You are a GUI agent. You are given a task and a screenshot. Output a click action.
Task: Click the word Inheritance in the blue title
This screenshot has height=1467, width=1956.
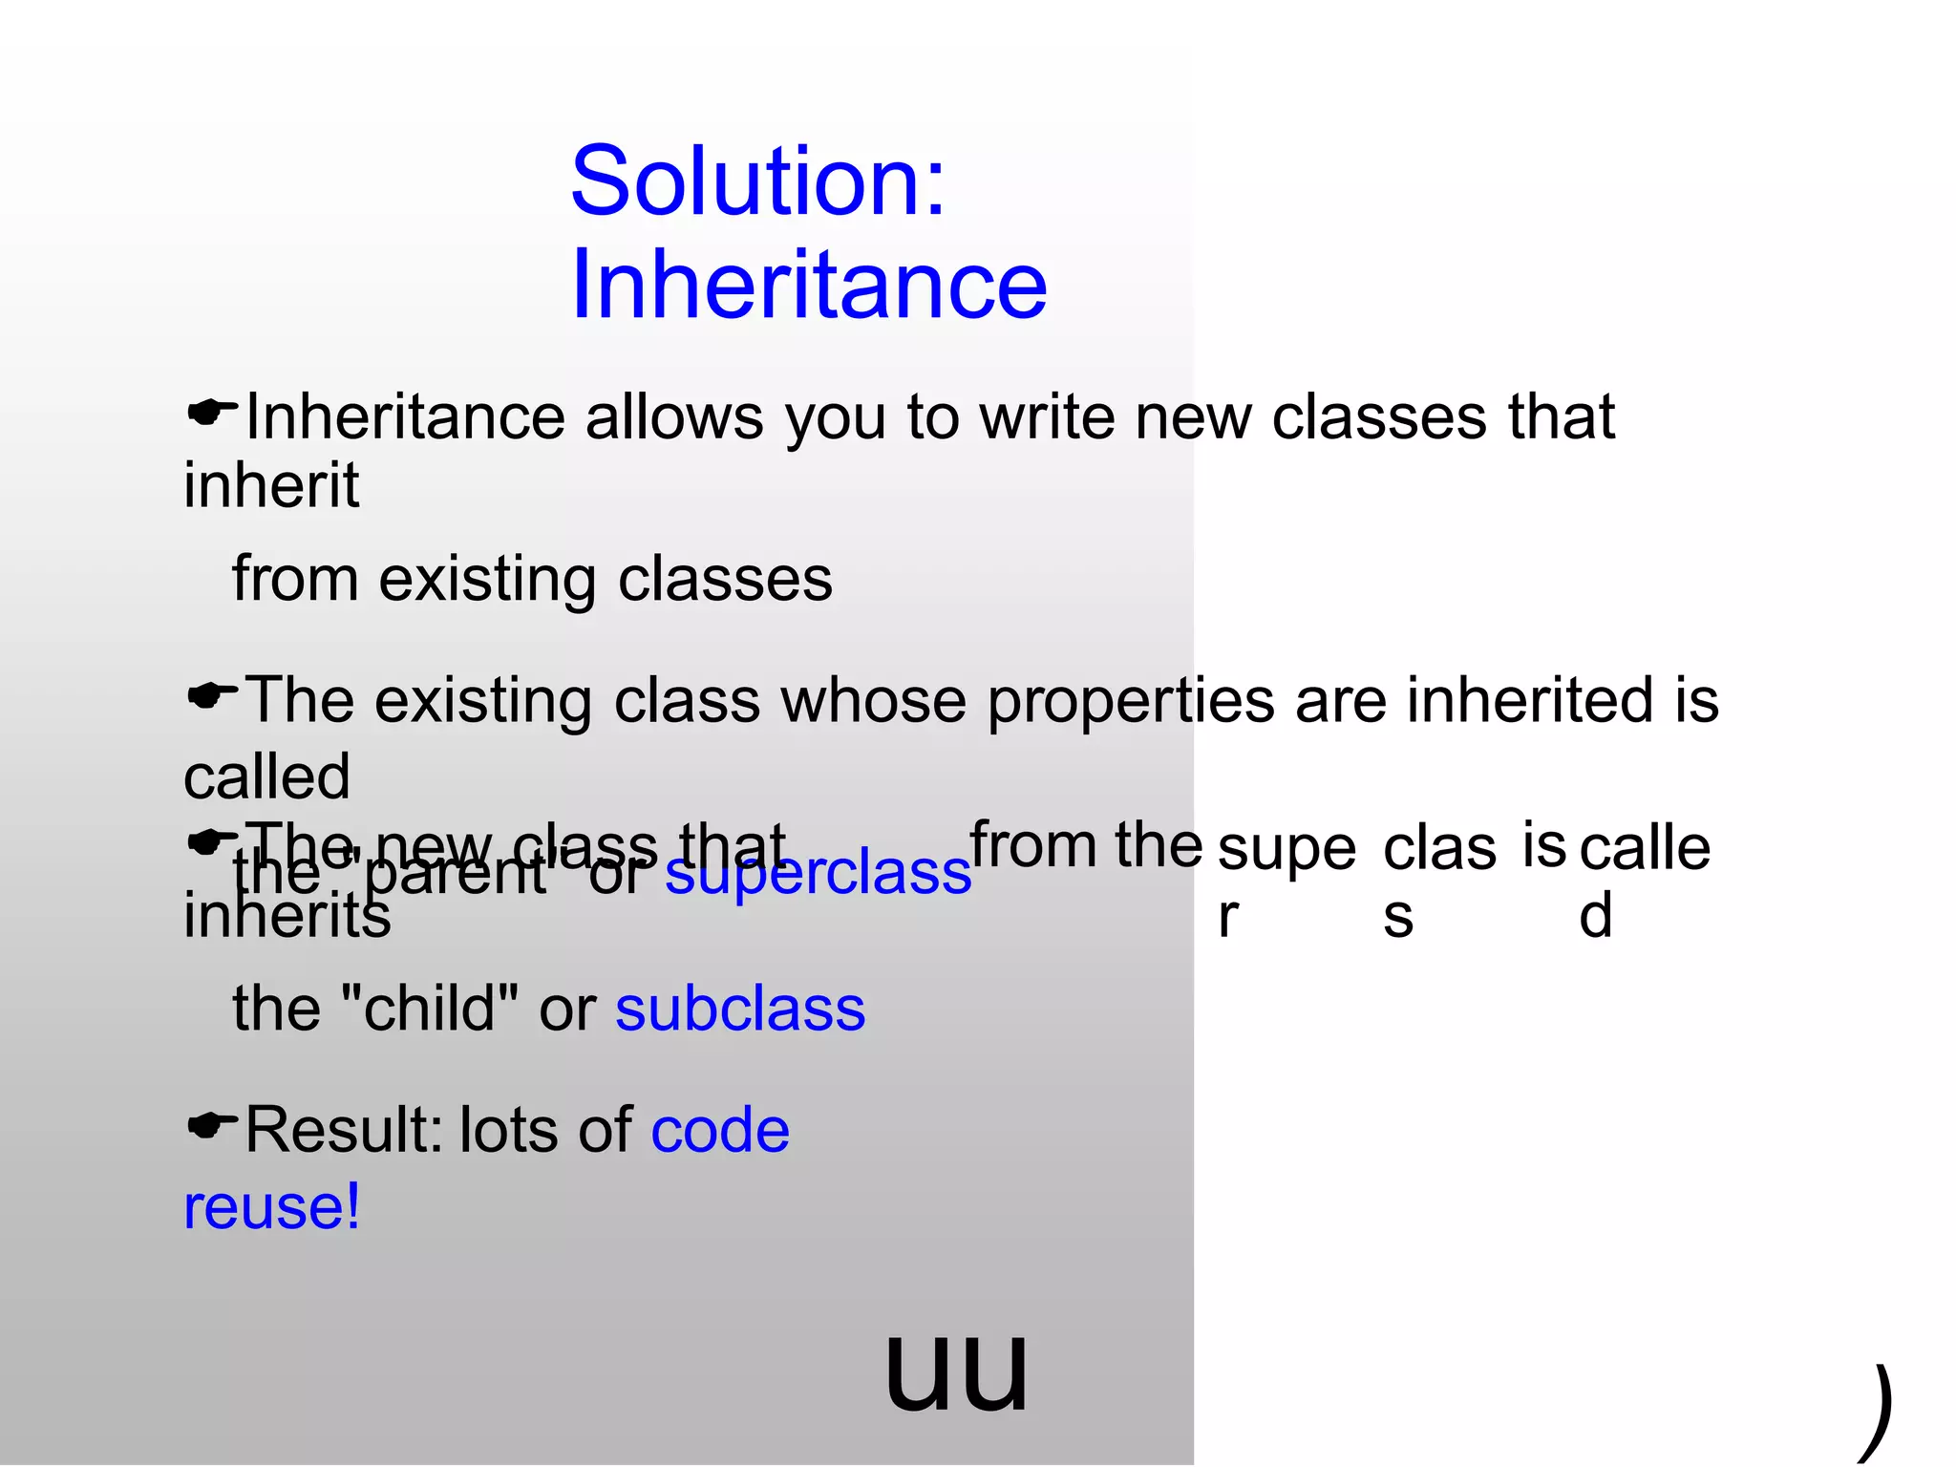click(x=809, y=285)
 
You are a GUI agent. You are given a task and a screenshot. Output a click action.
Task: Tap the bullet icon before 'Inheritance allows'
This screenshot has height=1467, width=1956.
click(x=211, y=413)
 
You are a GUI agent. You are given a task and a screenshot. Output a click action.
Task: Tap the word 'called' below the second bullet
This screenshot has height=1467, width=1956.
click(x=266, y=776)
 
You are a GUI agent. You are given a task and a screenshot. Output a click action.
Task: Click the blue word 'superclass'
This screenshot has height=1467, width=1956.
click(x=818, y=873)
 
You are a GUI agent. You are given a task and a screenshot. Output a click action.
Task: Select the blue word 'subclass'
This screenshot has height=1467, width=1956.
click(x=740, y=1010)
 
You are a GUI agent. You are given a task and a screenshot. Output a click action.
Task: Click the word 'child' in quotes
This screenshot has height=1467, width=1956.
click(x=429, y=1010)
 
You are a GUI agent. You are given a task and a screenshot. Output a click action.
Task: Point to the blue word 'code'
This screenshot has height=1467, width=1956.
click(x=720, y=1131)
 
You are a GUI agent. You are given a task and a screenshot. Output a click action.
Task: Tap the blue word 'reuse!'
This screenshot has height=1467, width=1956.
click(x=272, y=1207)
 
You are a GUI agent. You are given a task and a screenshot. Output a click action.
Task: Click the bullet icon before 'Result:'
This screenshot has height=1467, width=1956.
click(x=211, y=1125)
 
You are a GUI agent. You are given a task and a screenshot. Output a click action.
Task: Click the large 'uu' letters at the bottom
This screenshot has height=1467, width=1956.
click(x=957, y=1371)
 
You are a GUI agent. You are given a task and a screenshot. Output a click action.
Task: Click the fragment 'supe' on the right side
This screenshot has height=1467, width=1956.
click(x=1286, y=849)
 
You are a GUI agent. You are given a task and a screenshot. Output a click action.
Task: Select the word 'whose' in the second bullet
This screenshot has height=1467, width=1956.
click(x=873, y=700)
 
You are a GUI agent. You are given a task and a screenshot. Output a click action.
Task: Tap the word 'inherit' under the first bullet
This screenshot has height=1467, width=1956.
click(x=271, y=485)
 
